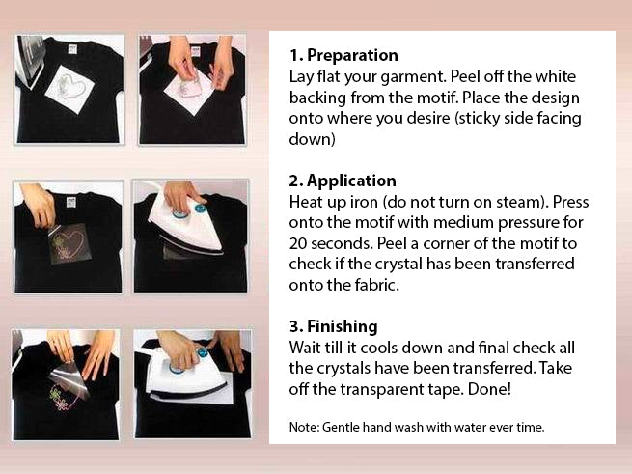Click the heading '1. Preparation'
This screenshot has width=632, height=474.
point(343,55)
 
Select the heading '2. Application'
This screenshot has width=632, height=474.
point(343,181)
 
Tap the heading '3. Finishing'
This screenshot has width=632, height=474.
point(333,326)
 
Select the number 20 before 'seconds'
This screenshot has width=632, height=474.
point(299,242)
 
